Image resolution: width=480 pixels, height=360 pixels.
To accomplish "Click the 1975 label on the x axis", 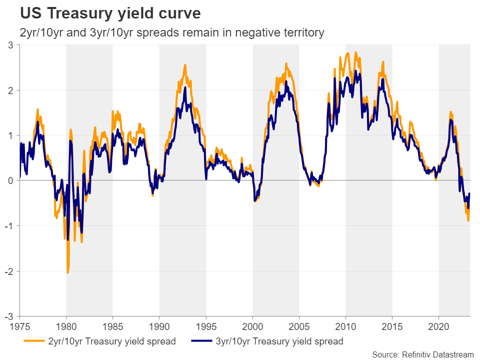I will pos(20,325).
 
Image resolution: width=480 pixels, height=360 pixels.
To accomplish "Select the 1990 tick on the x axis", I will pos(159,325).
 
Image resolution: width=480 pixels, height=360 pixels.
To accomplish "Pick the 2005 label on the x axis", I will pos(299,325).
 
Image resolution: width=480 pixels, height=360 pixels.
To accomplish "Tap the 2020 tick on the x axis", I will pos(438,325).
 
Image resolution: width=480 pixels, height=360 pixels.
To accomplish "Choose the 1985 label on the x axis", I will pos(113,325).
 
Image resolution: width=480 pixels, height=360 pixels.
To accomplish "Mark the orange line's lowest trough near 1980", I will pos(67,272).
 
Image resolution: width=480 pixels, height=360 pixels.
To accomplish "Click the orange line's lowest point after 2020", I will pos(468,220).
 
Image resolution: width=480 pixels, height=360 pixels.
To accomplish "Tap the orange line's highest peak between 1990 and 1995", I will pos(185,64).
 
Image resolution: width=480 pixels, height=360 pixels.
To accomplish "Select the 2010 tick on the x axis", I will pos(345,325).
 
